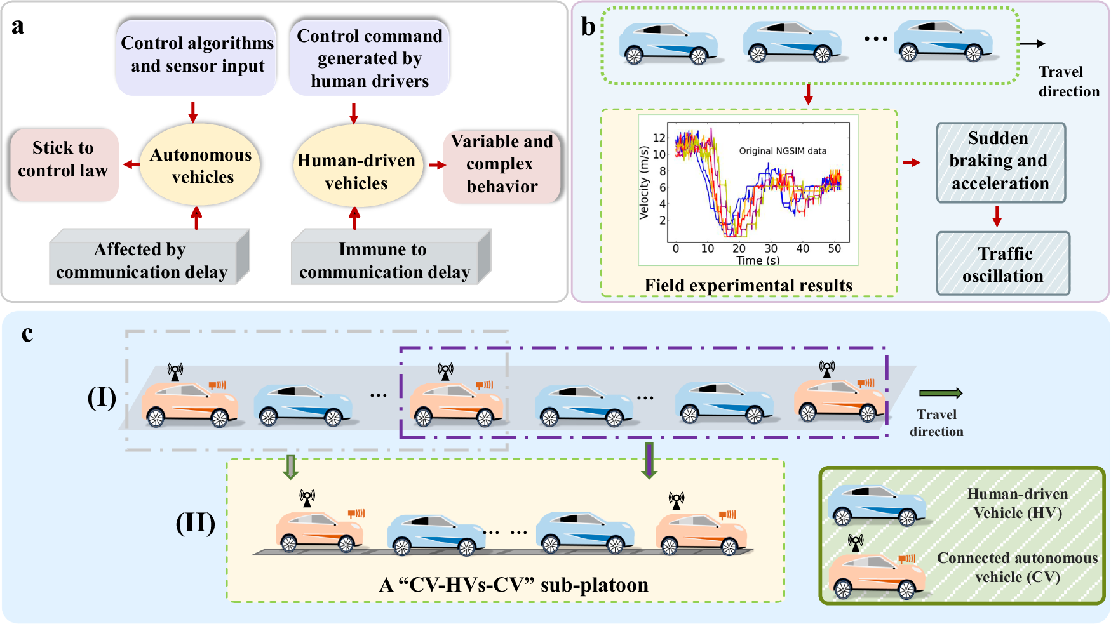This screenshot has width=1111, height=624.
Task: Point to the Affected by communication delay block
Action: pyautogui.click(x=142, y=260)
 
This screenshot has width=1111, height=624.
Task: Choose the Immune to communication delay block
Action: pyautogui.click(x=384, y=260)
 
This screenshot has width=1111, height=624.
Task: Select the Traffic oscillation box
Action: pyautogui.click(x=1003, y=264)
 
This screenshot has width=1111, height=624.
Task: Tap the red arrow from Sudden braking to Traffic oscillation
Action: pyautogui.click(x=997, y=216)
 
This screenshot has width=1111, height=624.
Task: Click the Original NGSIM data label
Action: pyautogui.click(x=783, y=151)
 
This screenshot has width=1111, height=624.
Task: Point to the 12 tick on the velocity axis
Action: pyautogui.click(x=659, y=138)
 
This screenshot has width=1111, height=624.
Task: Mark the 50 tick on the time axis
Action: pyautogui.click(x=834, y=249)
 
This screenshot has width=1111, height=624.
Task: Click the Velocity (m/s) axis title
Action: pyautogui.click(x=644, y=183)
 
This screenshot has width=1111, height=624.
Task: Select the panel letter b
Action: pyautogui.click(x=588, y=27)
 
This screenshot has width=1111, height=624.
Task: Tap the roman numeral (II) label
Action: pyautogui.click(x=195, y=523)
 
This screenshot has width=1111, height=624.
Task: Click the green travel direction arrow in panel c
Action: pyautogui.click(x=941, y=394)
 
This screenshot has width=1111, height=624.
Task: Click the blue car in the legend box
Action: pyautogui.click(x=876, y=505)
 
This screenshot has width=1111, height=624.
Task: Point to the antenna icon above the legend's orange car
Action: pyautogui.click(x=856, y=543)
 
